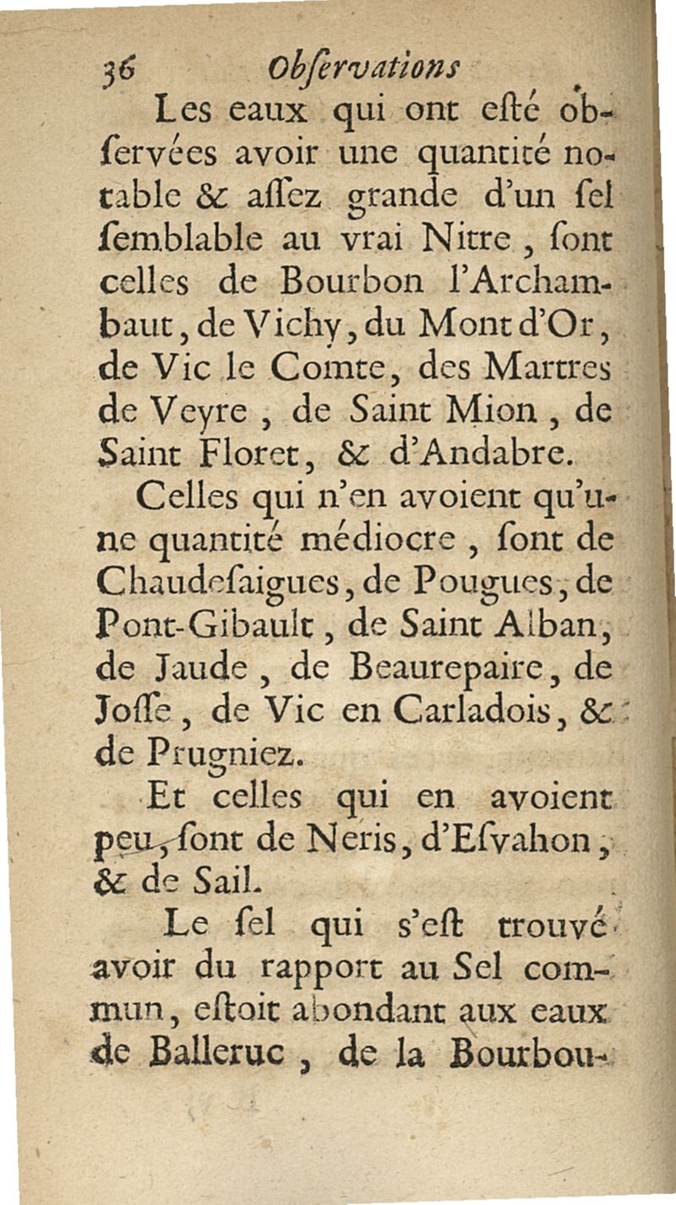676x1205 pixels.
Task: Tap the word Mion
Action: pos(498,414)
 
